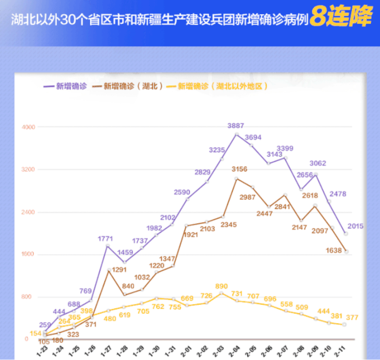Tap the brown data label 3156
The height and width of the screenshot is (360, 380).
(x=239, y=170)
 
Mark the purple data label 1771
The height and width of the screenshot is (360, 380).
(x=106, y=238)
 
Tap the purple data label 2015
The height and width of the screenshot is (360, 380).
(x=355, y=226)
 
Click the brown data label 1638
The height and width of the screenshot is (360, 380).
(x=333, y=250)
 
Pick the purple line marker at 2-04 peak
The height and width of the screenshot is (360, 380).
(x=236, y=134)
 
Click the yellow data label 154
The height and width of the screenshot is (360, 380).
(x=36, y=333)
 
